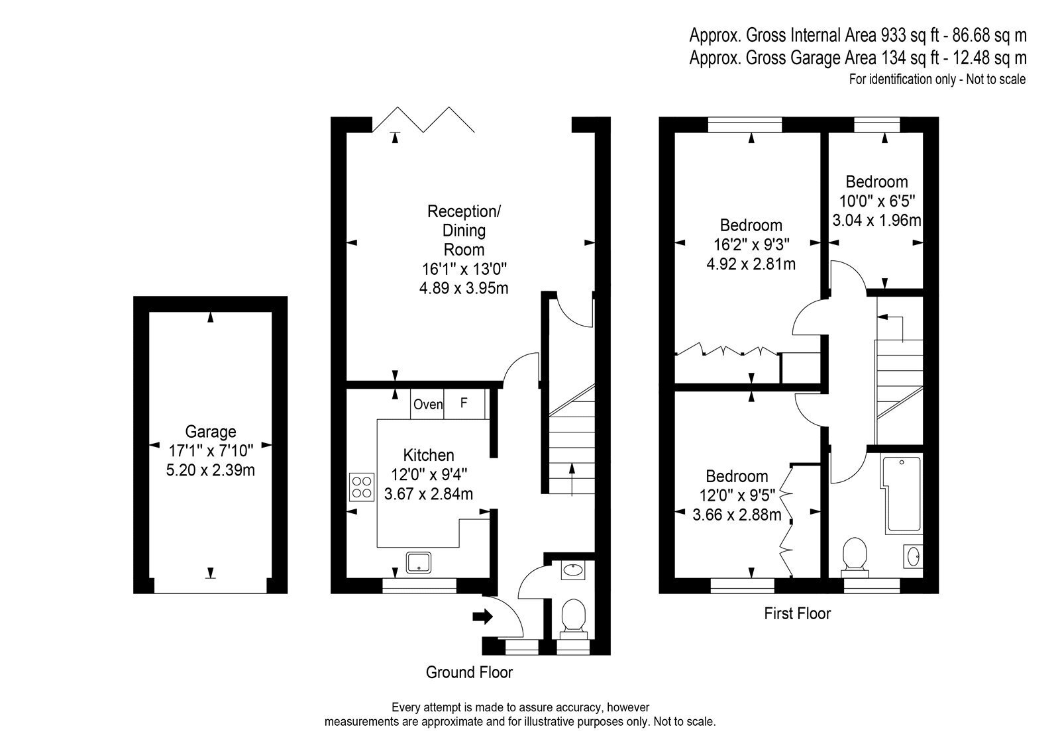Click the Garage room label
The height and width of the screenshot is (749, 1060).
(x=210, y=432)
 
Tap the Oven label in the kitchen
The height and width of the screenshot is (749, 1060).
(x=428, y=404)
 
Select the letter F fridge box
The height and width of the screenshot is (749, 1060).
(x=464, y=403)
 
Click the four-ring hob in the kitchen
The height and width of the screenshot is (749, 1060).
(x=362, y=487)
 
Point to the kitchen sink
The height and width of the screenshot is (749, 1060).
(x=418, y=562)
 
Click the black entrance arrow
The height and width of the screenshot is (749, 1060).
(x=483, y=617)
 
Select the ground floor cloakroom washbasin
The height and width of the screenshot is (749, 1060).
(x=573, y=570)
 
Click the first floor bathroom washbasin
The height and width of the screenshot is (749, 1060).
(x=914, y=556)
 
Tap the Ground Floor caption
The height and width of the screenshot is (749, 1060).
(x=469, y=672)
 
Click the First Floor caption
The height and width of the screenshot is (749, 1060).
(x=798, y=614)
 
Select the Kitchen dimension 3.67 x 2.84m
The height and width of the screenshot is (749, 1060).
(x=428, y=494)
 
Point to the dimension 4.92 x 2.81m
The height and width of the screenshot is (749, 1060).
(x=751, y=264)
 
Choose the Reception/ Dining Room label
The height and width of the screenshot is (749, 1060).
(x=464, y=230)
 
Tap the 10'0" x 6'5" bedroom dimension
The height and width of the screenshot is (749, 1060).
(x=877, y=201)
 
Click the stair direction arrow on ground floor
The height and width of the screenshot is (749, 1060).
(x=572, y=479)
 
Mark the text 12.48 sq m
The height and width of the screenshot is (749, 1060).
(x=990, y=58)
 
